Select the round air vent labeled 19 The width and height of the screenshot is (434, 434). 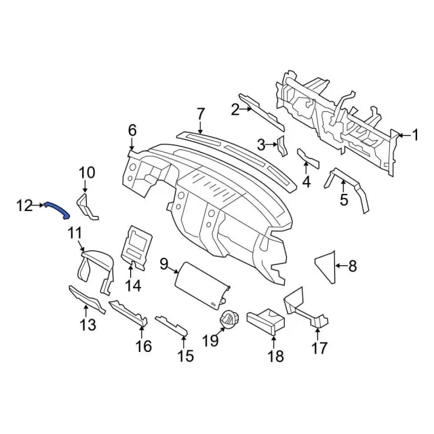(229, 319)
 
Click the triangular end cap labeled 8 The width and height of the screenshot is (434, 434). (327, 265)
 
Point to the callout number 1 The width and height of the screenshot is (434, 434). (414, 136)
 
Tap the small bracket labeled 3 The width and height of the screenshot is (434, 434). (282, 146)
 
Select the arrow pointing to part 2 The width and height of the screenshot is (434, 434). (245, 108)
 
